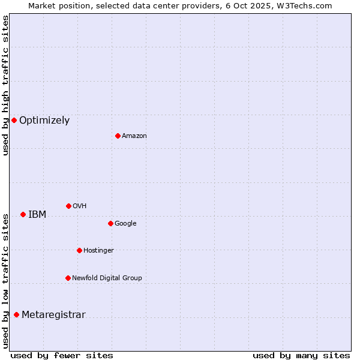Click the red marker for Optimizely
point(14,120)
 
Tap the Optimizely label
point(44,120)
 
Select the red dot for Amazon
point(118,136)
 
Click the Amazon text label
point(134,136)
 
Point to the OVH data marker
point(68,206)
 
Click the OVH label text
point(80,206)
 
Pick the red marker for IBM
point(23,214)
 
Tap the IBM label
point(37,214)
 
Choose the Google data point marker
point(110,223)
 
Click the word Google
point(125,224)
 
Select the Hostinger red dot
point(79,250)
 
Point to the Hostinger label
point(98,251)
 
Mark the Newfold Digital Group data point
point(68,278)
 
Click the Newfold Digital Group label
point(107,278)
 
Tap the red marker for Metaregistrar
point(16,314)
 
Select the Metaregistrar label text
point(53,314)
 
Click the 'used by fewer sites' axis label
point(62,355)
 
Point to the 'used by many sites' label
point(301,355)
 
